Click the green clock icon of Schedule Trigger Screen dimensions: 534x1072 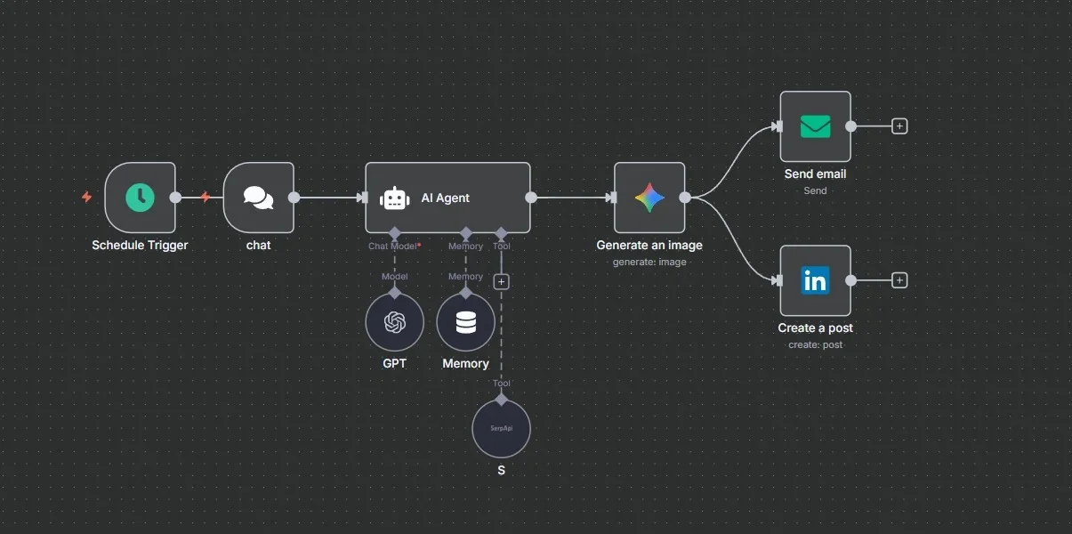coord(140,198)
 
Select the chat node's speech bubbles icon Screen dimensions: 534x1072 coord(258,198)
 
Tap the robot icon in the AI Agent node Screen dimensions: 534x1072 coord(394,198)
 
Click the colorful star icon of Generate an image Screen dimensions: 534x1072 coord(649,198)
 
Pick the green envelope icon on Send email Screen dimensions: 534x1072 coord(815,126)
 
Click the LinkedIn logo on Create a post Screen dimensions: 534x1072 coord(815,280)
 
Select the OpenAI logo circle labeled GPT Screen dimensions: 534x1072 coord(394,322)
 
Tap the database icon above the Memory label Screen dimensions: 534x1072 coord(465,322)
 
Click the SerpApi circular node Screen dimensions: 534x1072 coord(501,428)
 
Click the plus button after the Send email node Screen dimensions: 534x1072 coord(899,126)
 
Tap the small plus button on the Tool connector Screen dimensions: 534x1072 coord(501,281)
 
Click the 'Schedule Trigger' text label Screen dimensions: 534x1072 coord(140,245)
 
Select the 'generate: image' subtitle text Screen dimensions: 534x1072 coord(649,262)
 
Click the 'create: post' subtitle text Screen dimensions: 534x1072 coord(815,344)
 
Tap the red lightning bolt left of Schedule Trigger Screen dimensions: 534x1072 coord(86,197)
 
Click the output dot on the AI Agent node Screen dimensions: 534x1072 coord(531,198)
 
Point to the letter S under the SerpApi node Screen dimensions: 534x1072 coord(501,470)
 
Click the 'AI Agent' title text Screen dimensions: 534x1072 coord(445,198)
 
